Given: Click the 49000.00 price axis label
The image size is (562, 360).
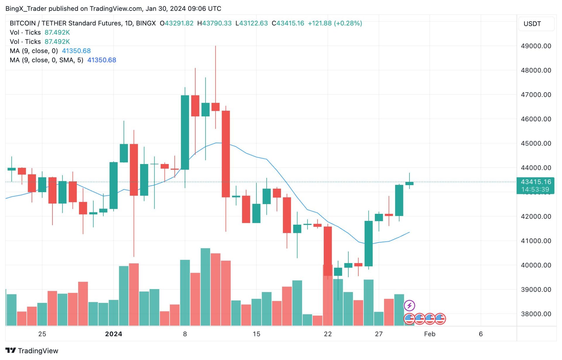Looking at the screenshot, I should pyautogui.click(x=536, y=46).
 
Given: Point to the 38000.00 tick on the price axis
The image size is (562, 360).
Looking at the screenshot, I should pyautogui.click(x=536, y=314).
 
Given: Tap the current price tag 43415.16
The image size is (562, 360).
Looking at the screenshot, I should pyautogui.click(x=536, y=182).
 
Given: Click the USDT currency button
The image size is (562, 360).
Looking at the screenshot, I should pyautogui.click(x=532, y=24).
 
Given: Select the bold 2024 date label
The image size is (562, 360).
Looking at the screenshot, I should pyautogui.click(x=114, y=334).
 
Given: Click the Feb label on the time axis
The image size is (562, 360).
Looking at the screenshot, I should pyautogui.click(x=429, y=334).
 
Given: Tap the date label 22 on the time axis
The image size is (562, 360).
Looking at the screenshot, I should pyautogui.click(x=328, y=334).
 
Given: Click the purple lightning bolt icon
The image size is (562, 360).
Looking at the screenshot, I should pyautogui.click(x=409, y=306).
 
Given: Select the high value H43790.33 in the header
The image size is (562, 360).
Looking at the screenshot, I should pyautogui.click(x=214, y=23).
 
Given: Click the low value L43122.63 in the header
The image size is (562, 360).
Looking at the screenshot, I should pyautogui.click(x=251, y=23).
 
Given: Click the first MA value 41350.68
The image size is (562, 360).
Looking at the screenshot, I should pyautogui.click(x=76, y=51).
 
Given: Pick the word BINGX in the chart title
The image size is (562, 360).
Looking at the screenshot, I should pyautogui.click(x=146, y=23).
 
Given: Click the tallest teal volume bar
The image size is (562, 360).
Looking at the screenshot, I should pyautogui.click(x=205, y=287).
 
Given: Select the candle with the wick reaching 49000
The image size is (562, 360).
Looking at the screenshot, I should pyautogui.click(x=215, y=107).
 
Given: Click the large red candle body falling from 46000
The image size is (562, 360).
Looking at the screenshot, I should pyautogui.click(x=226, y=154).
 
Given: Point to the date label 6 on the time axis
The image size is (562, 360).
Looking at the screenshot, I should pyautogui.click(x=481, y=334).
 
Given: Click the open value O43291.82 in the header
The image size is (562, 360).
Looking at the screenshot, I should pyautogui.click(x=177, y=23).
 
